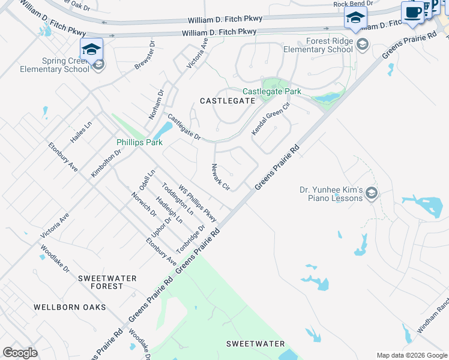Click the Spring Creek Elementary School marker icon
tap(91, 48)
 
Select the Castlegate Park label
tap(271, 91)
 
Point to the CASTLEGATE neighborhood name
tap(228, 101)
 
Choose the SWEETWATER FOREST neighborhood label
tap(107, 282)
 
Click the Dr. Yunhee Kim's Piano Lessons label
tap(331, 193)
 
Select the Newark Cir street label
tap(220, 178)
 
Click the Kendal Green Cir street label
tap(271, 118)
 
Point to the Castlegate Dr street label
tap(184, 127)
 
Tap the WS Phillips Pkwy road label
tap(197, 203)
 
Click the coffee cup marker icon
tap(412, 13)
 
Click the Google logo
tap(20, 353)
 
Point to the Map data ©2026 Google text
tap(411, 355)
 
